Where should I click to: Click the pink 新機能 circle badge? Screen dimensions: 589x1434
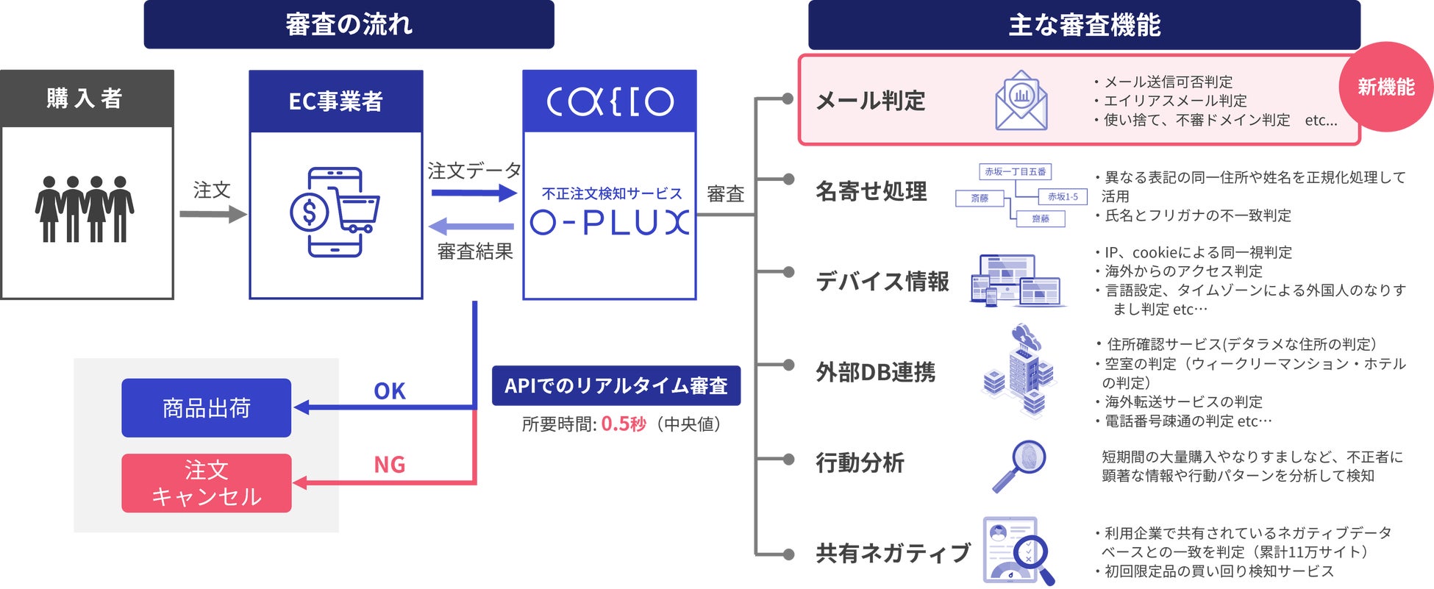(1385, 87)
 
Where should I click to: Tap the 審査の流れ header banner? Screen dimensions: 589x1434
(349, 24)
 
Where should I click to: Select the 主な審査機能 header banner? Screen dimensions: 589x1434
(1084, 25)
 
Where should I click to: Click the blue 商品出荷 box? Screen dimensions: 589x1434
(207, 408)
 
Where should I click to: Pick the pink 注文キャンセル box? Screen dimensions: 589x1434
(207, 483)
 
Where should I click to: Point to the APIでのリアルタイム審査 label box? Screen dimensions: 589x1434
(616, 385)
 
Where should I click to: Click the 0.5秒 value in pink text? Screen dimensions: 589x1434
(623, 424)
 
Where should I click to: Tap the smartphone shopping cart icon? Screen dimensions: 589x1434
(335, 213)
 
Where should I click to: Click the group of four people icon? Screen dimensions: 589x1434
(85, 209)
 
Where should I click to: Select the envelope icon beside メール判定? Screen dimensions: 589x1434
(1021, 101)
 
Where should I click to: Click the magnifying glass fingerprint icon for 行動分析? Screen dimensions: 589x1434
(1020, 465)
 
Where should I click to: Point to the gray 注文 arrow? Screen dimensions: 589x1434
(213, 214)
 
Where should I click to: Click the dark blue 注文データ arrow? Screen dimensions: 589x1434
(474, 193)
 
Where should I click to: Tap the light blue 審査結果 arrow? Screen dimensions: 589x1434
(471, 226)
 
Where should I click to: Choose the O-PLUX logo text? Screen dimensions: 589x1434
(610, 222)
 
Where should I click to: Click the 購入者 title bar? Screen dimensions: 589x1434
(87, 99)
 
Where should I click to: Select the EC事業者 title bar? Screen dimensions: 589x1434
(336, 101)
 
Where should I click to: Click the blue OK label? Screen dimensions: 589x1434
(389, 391)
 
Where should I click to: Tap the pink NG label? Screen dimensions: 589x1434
(389, 465)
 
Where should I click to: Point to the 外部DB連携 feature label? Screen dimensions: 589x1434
(875, 372)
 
